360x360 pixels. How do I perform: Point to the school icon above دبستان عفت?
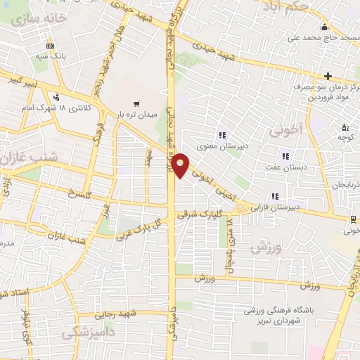click(285, 156)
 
